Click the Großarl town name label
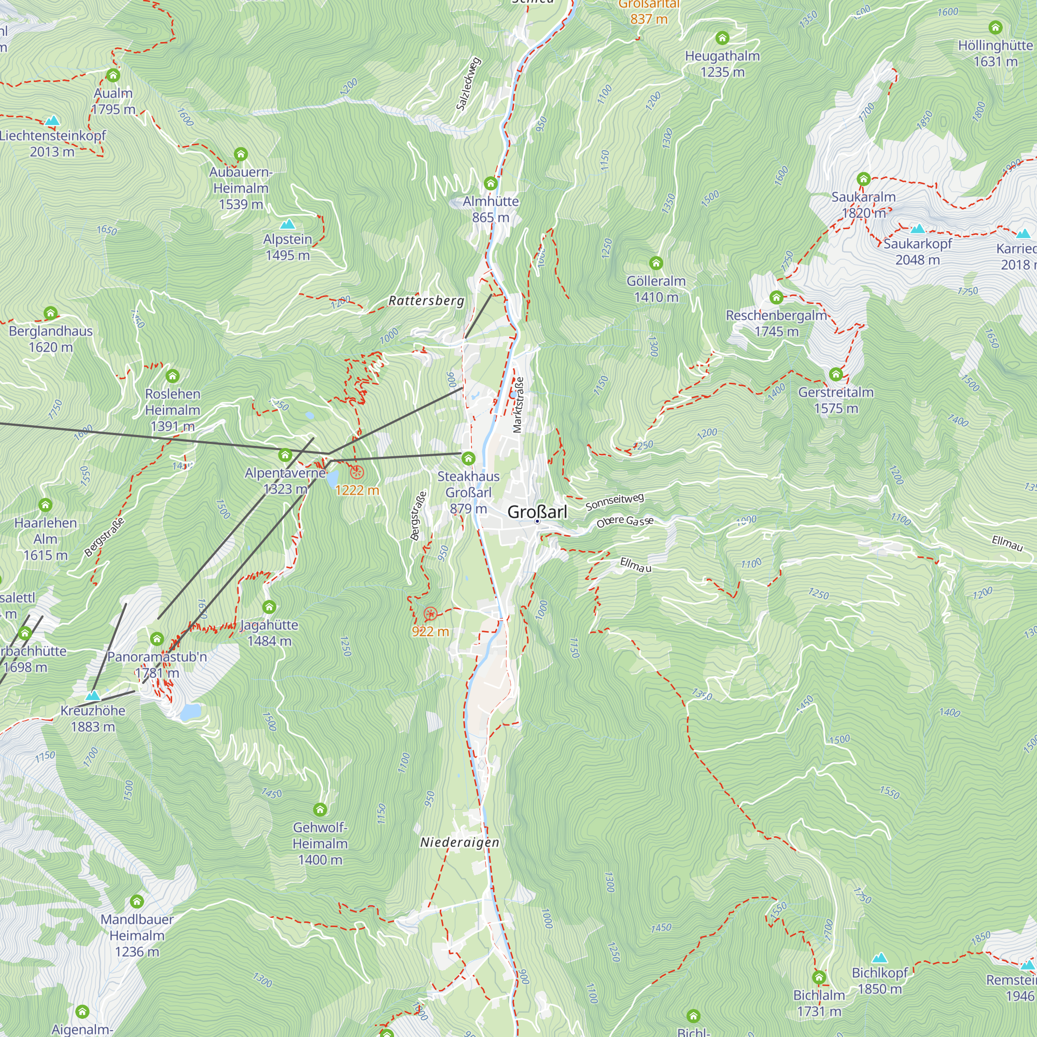(x=537, y=512)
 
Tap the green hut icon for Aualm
(x=113, y=75)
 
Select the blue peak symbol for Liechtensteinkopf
(x=52, y=120)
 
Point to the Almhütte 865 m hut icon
(x=491, y=184)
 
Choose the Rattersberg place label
(x=426, y=301)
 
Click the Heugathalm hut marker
(x=722, y=37)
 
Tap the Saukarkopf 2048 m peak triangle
(x=918, y=229)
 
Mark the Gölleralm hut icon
(x=656, y=263)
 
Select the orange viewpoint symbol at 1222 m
(x=357, y=473)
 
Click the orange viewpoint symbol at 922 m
(x=430, y=614)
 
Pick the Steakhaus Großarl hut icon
(x=469, y=458)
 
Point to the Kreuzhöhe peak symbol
(x=93, y=695)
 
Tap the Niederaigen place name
(x=459, y=842)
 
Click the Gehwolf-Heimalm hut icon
(x=320, y=809)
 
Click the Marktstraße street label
(x=518, y=405)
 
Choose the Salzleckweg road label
(x=468, y=83)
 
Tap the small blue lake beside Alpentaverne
(x=332, y=477)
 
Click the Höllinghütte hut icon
(x=996, y=27)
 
